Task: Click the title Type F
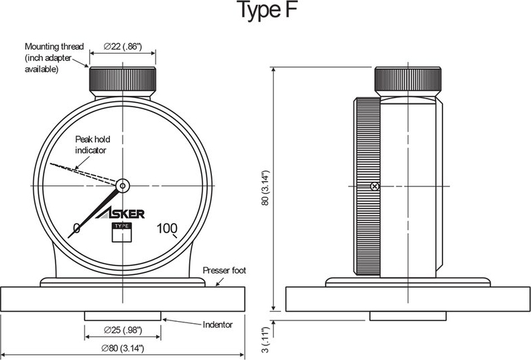tap(265, 12)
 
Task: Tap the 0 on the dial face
tap(76, 229)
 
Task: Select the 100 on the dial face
tap(167, 228)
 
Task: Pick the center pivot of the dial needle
tap(123, 185)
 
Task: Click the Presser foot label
tap(225, 271)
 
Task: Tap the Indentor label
tap(217, 324)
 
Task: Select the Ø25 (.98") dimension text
tap(122, 331)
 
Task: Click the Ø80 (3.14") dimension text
tap(123, 349)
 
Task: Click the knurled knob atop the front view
tap(123, 80)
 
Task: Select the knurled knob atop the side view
tap(408, 80)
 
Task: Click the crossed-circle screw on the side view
tap(375, 186)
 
